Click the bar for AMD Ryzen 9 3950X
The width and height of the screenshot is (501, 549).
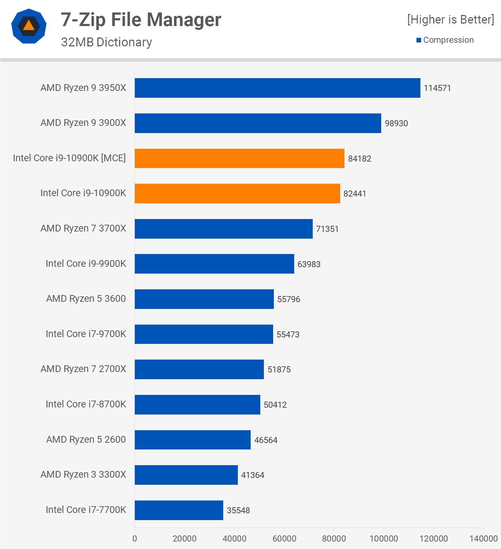[x=277, y=88]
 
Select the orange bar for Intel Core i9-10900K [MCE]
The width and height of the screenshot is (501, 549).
[x=239, y=158]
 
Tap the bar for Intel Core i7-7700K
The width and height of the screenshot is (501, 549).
[x=179, y=510]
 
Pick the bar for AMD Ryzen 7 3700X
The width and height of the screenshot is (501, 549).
[x=224, y=229]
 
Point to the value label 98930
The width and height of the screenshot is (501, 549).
[x=396, y=123]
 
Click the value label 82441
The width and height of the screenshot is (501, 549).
[x=355, y=194]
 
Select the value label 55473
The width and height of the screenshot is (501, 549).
[x=288, y=335]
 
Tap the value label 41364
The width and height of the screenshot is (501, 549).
[x=252, y=475]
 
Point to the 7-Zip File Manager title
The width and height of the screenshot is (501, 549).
[x=141, y=20]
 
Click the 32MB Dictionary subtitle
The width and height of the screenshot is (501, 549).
[x=106, y=42]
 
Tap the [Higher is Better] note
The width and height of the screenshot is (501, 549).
[x=451, y=19]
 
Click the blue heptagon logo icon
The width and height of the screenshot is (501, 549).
[x=29, y=26]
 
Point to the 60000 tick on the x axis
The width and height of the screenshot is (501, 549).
[x=284, y=538]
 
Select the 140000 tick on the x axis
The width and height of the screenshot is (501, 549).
[x=483, y=538]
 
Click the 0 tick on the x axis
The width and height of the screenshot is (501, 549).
[x=135, y=538]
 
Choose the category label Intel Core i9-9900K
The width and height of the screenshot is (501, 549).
[x=86, y=264]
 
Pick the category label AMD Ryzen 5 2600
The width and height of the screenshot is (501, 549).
[x=86, y=439]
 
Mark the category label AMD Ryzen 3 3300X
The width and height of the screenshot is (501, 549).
[x=83, y=474]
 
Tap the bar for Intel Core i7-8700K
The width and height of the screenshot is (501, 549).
[x=198, y=405]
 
